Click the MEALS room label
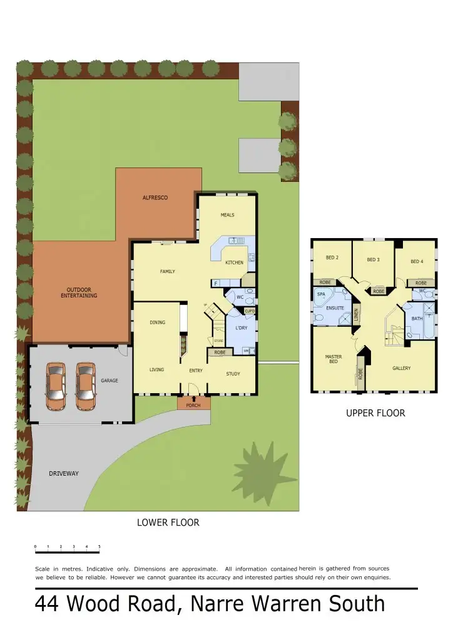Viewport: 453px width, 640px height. point(227,215)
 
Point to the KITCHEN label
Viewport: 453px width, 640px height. point(234,262)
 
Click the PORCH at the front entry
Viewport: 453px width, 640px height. point(193,404)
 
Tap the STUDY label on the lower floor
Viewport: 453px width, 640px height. point(233,374)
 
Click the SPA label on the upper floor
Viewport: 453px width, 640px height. point(321,294)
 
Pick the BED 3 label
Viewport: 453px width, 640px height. point(374,259)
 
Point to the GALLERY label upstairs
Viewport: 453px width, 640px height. point(402,368)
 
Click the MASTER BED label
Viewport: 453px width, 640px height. point(333,359)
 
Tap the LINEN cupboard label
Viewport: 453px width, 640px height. point(355,316)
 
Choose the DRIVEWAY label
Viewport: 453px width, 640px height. point(64,474)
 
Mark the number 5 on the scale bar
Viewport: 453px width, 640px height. point(99,547)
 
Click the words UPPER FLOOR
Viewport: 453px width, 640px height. point(375,413)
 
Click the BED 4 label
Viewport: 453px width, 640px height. point(417,261)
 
